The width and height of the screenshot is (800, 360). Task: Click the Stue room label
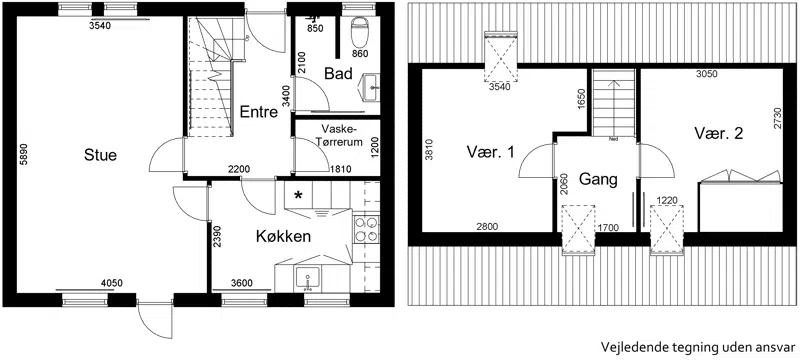[x=101, y=155]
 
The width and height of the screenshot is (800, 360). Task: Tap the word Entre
[x=259, y=112]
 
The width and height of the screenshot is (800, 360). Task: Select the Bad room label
[x=339, y=74]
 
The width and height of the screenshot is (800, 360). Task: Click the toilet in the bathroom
[x=361, y=31]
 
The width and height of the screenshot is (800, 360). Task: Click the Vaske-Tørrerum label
[x=339, y=135]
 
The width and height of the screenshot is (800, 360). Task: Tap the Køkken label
[x=283, y=237]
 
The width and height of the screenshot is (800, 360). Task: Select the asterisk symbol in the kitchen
[x=298, y=195]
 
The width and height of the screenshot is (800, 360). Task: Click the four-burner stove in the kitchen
[x=366, y=229]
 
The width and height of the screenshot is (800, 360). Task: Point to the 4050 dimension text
[x=112, y=284]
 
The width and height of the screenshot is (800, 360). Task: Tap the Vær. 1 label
[x=490, y=152]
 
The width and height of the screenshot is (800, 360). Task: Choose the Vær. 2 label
[x=718, y=134]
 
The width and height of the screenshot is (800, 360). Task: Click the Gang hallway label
[x=598, y=179]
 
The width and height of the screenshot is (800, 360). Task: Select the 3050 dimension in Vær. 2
[x=707, y=74]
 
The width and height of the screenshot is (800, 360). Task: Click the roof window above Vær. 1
[x=501, y=56]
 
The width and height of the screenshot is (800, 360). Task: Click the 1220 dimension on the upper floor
[x=667, y=200]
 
